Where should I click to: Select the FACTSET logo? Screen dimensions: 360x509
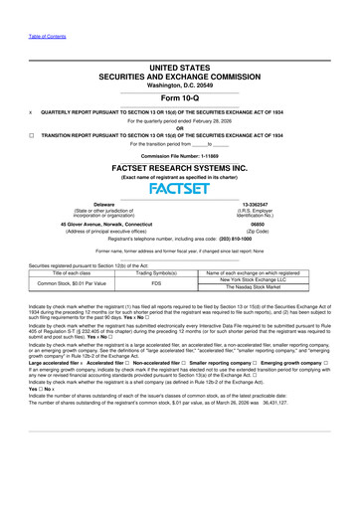pos(180,186)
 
